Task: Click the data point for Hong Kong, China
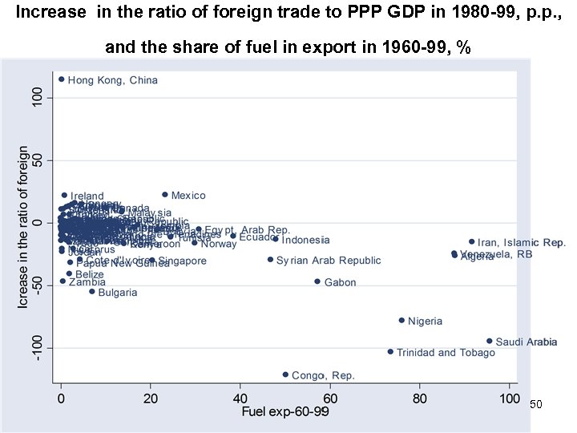click(x=61, y=79)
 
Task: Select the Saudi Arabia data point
click(x=490, y=341)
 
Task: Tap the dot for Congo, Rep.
click(x=285, y=374)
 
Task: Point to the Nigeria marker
click(x=401, y=320)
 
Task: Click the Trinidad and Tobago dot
click(x=390, y=351)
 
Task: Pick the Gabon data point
click(x=317, y=281)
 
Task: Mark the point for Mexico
click(x=165, y=194)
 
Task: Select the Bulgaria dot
click(x=92, y=291)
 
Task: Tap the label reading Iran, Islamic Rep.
click(x=522, y=242)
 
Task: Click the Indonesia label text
click(x=305, y=240)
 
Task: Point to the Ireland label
click(x=87, y=196)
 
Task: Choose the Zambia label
click(x=87, y=282)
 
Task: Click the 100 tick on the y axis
click(x=38, y=98)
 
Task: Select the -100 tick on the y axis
click(x=38, y=347)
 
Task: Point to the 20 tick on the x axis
click(x=151, y=398)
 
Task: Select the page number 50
click(x=536, y=405)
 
